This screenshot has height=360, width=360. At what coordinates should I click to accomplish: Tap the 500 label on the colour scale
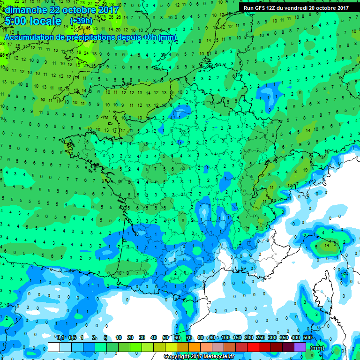pos(307,338)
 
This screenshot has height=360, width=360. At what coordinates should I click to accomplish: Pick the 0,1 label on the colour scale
pos(60,338)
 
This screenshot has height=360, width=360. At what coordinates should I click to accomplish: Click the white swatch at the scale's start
pos(54,347)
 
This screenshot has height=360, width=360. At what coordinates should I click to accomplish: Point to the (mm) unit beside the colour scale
pos(317,348)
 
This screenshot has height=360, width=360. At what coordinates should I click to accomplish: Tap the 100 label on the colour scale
pos(225,338)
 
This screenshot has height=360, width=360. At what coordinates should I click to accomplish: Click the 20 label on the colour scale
pos(130,338)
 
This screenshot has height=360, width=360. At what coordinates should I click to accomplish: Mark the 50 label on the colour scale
pos(165,338)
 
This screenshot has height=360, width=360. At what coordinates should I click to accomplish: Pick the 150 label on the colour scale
pos(237,338)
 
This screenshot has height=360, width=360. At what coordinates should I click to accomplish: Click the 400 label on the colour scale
pos(296,338)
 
